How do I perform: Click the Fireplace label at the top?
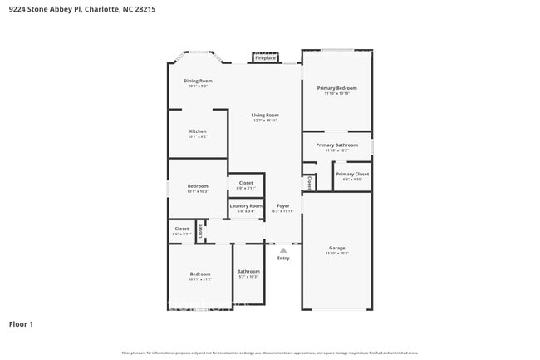tap(265, 58)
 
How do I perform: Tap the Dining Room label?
tap(198, 81)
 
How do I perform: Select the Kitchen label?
tap(198, 131)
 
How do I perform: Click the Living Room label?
tap(265, 115)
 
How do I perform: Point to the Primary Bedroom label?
tap(336, 87)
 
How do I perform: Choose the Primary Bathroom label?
tap(336, 145)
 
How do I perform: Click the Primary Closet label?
tap(352, 174)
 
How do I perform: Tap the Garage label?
tap(336, 248)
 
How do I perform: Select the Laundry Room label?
tap(246, 205)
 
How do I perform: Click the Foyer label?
tap(283, 205)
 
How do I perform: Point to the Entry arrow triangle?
tap(283, 249)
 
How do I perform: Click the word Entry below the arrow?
tap(283, 258)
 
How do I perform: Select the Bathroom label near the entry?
tap(248, 271)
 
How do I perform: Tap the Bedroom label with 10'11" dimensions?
tap(200, 274)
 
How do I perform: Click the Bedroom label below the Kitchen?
tap(198, 185)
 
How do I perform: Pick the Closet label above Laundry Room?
tap(246, 183)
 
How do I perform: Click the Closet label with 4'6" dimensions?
tap(181, 229)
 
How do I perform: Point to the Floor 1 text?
tap(21, 323)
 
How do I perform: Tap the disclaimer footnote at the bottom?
tap(270, 353)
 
